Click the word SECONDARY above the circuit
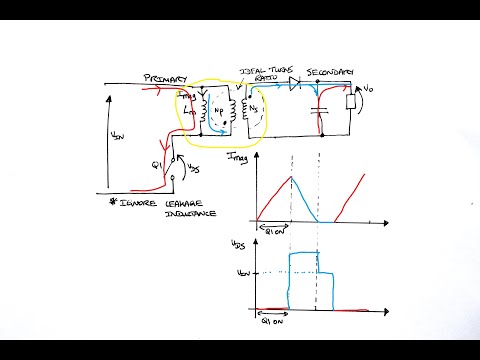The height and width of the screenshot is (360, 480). click(x=331, y=72)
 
